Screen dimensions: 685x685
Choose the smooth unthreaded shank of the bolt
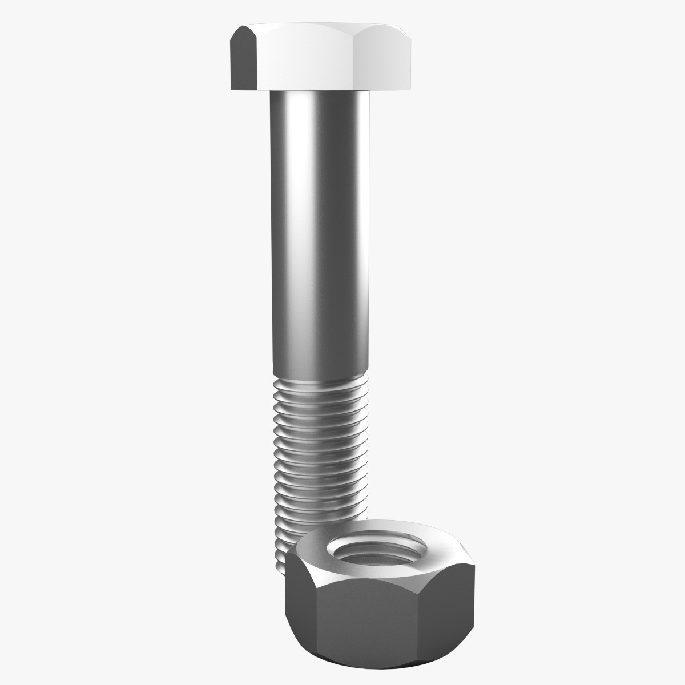(x=320, y=228)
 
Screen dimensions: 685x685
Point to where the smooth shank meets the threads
(x=320, y=377)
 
